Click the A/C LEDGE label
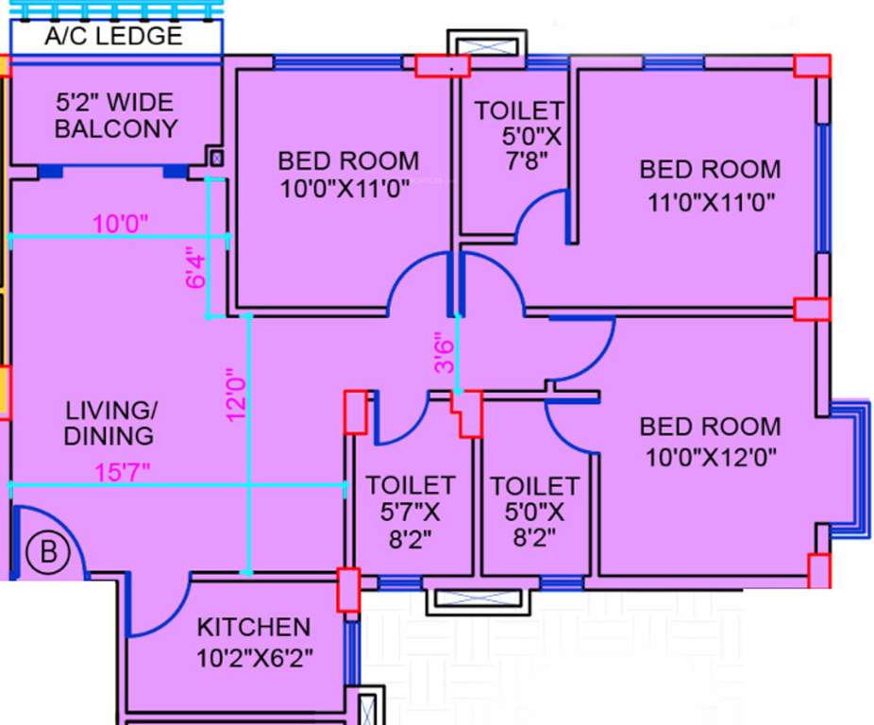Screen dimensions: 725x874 tap(114, 37)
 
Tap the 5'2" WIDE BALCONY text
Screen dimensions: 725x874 tap(115, 115)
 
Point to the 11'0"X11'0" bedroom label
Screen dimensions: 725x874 tap(710, 185)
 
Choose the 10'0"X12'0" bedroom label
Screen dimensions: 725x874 tap(710, 443)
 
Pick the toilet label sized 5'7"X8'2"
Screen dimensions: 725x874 tap(411, 511)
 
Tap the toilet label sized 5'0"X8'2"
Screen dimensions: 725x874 tap(534, 512)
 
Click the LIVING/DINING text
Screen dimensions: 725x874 tap(109, 423)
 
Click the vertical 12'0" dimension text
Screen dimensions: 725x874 tap(235, 397)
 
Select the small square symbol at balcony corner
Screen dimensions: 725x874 tap(216, 159)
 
